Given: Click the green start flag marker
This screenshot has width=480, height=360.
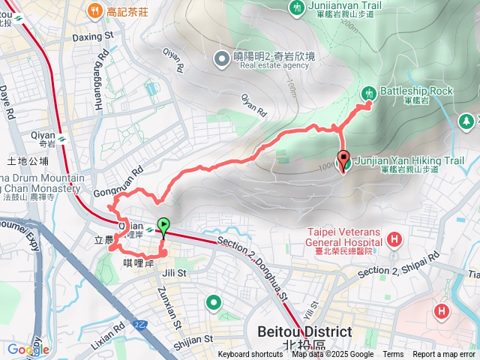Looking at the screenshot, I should [163, 225].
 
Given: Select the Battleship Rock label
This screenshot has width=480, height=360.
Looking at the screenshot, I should [416, 91].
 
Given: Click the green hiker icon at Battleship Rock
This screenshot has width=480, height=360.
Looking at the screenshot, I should [368, 93].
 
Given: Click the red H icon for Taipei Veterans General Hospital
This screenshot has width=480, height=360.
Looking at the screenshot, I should [394, 240].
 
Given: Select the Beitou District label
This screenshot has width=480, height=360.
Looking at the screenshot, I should [304, 331].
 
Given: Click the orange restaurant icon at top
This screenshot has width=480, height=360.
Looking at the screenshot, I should [94, 10].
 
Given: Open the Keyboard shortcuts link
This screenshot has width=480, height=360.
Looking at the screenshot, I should [250, 355].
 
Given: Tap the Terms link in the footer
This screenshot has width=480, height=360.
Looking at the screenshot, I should [393, 355].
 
